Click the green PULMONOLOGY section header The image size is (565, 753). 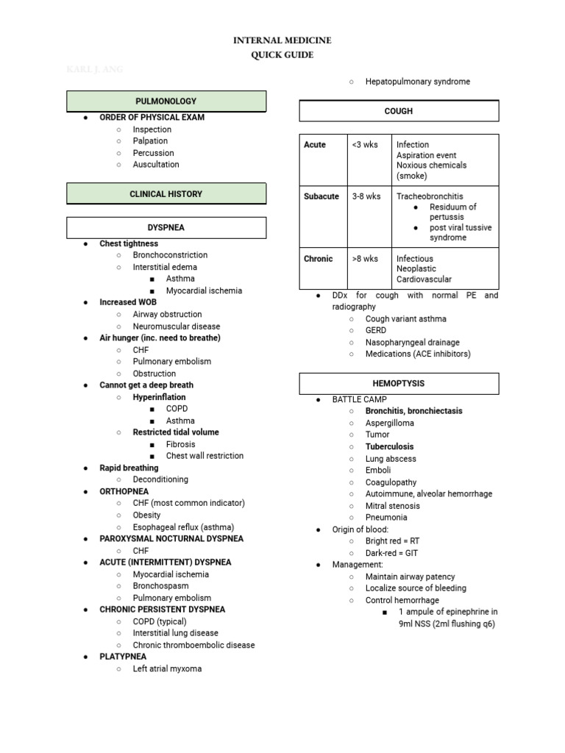166,101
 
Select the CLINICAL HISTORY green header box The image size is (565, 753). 166,194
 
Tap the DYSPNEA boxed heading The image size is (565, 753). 166,228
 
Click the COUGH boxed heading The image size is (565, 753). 399,111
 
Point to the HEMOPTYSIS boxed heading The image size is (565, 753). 399,384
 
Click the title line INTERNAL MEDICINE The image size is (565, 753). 282,40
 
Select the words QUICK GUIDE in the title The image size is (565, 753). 282,54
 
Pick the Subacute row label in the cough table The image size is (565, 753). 321,196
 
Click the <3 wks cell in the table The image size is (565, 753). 365,145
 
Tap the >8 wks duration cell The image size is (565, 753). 365,259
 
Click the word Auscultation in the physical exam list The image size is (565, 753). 156,165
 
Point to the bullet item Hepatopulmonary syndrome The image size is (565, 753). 417,82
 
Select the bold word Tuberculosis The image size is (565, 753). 389,446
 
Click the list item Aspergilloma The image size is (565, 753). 389,423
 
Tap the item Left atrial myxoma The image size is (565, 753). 167,668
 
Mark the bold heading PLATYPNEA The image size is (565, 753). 123,657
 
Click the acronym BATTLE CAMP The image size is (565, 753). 359,399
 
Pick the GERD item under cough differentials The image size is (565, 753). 376,330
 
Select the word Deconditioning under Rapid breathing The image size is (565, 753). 160,479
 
